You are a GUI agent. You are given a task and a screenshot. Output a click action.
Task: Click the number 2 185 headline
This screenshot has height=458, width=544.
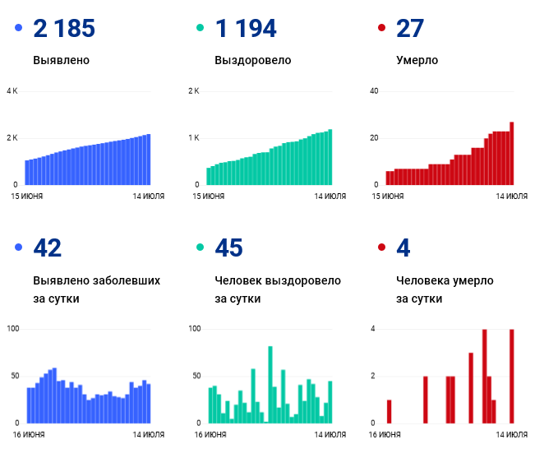coord(64,29)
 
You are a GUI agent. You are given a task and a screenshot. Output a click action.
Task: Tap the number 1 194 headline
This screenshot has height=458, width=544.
coord(245,29)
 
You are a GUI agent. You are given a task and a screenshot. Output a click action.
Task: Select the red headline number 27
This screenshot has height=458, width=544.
coord(410,29)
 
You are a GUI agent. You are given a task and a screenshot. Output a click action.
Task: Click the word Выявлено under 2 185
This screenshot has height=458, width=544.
coord(62,60)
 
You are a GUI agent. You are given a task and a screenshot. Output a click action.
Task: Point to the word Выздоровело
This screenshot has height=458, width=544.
coord(252,60)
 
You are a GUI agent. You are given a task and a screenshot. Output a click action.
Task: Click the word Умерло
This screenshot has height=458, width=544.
coord(417,60)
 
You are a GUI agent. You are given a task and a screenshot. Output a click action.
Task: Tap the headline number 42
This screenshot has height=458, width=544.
coord(48,248)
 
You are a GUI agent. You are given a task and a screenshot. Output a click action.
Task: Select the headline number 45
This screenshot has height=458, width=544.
coord(228,248)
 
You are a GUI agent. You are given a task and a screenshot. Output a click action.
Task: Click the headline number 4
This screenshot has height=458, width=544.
coord(403,248)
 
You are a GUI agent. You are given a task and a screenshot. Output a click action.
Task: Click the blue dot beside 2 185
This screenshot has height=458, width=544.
coord(19,29)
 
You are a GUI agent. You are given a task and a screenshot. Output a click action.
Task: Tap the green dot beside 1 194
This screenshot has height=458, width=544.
coord(200,29)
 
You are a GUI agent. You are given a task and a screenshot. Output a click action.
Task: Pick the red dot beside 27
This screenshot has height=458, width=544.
coord(381,29)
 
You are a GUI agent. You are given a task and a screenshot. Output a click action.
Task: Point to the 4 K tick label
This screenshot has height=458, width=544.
coord(12,90)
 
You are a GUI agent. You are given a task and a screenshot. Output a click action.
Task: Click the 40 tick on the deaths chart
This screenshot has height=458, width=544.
coord(374,90)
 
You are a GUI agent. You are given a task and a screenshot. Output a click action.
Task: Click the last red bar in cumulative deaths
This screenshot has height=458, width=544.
coord(511,153)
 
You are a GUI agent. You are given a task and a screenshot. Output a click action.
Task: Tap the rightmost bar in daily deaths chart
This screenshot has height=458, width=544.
coord(511,376)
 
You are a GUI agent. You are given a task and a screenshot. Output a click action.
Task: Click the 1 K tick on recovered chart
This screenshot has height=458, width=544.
coord(194,137)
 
